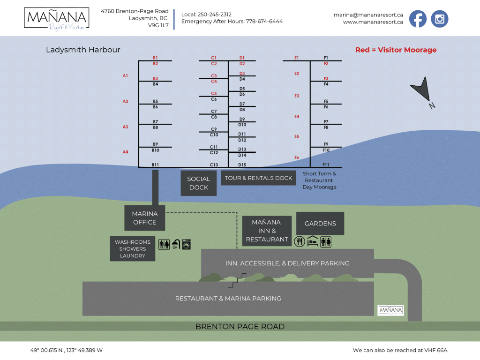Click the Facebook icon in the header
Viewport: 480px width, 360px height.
click(418, 19)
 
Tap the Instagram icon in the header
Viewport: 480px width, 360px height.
click(440, 19)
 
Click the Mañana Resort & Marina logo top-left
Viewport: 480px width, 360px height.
click(56, 19)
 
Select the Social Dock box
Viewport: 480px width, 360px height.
click(199, 183)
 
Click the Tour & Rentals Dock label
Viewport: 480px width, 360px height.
click(258, 178)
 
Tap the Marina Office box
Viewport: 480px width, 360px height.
click(144, 218)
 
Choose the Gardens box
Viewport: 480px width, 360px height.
click(320, 224)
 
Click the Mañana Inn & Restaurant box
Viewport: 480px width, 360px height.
click(267, 231)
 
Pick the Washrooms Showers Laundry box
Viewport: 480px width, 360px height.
click(133, 249)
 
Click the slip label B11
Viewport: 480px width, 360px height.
click(155, 165)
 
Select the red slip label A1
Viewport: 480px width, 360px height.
click(125, 75)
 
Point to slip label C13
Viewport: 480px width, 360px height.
click(214, 165)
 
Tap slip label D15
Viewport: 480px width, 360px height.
click(242, 165)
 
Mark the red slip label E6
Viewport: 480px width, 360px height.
click(297, 157)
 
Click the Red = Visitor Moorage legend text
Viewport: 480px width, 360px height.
click(396, 50)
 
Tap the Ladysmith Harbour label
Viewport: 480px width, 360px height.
click(83, 50)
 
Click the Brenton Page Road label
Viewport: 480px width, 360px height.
click(240, 327)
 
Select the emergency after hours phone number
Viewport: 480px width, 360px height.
click(264, 22)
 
